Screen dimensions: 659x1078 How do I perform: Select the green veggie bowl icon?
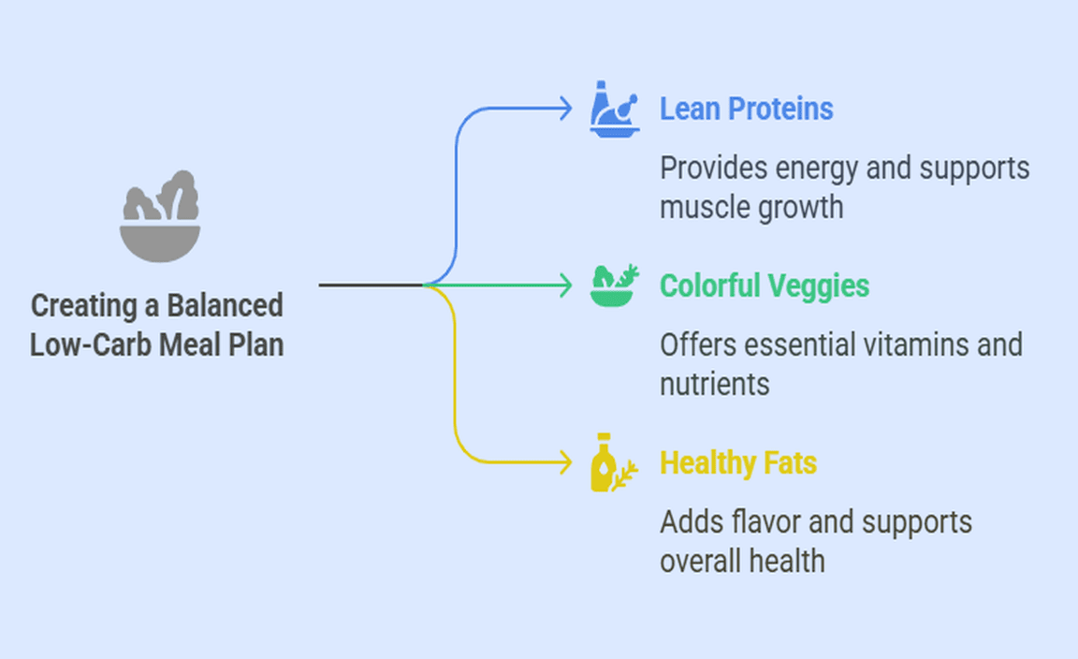click(614, 285)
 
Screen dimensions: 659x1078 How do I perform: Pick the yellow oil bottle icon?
click(610, 462)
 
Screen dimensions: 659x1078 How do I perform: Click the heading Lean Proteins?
click(746, 109)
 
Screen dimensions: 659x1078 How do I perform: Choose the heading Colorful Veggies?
click(765, 285)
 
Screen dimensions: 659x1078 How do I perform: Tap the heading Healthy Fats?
click(737, 462)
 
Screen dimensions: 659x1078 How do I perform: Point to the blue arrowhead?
click(565, 109)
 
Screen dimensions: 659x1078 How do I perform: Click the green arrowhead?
click(565, 285)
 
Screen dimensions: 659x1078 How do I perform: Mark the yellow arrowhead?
click(565, 462)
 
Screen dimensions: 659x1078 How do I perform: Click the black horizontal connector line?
click(371, 285)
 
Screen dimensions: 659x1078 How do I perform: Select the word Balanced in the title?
click(226, 306)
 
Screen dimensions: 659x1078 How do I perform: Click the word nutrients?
click(714, 383)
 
